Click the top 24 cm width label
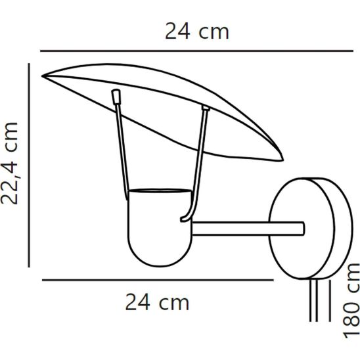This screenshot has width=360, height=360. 196,32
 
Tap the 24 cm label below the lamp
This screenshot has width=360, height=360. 157,303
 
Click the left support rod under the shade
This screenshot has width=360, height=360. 122,148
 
